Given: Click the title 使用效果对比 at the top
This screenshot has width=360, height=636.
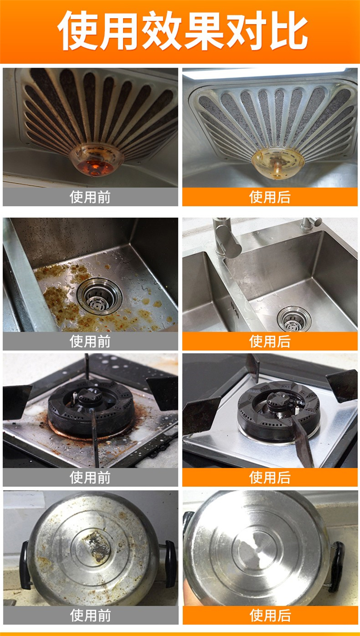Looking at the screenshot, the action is pyautogui.click(x=182, y=31).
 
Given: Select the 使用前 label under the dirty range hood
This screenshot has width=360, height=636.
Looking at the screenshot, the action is pyautogui.click(x=90, y=197).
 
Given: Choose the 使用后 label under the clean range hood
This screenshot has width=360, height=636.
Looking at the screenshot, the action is pyautogui.click(x=270, y=197).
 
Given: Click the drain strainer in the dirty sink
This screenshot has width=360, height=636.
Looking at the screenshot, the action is pyautogui.click(x=99, y=296).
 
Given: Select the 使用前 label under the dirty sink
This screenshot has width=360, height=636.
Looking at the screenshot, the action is pyautogui.click(x=90, y=341).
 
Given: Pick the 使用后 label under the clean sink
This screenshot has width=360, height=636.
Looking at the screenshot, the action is pyautogui.click(x=270, y=341).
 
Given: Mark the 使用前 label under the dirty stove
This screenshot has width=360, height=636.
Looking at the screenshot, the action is pyautogui.click(x=90, y=477).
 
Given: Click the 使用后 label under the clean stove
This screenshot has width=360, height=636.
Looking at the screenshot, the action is pyautogui.click(x=270, y=477).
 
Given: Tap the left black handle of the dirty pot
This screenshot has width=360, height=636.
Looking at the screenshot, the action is pyautogui.click(x=24, y=565).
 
